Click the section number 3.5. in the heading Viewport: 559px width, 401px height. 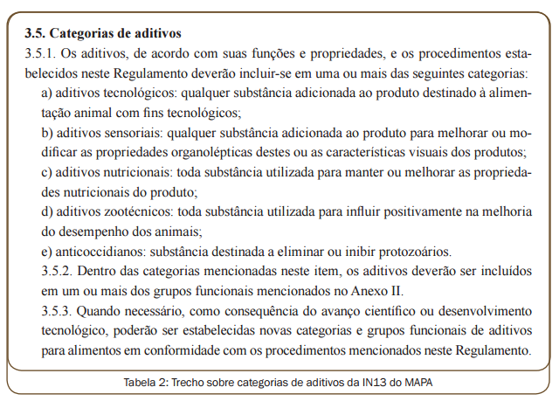36,34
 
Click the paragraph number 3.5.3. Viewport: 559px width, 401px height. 42,311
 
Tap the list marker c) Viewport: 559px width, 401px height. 48,172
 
